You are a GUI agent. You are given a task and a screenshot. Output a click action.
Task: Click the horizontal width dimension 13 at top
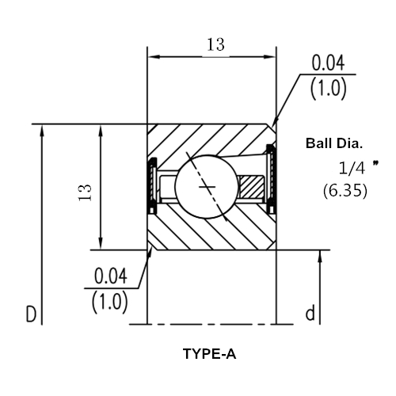coord(215,44)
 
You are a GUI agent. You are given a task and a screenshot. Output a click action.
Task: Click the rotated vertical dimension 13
coord(85,192)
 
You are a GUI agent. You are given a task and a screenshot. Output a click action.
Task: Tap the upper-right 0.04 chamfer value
coord(328,63)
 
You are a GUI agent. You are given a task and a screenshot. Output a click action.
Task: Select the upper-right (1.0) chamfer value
coord(328,88)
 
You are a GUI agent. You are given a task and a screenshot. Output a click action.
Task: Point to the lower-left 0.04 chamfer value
coord(111,276)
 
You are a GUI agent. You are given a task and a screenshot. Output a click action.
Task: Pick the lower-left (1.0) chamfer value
coord(110,302)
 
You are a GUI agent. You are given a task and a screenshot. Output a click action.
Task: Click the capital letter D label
coord(31,314)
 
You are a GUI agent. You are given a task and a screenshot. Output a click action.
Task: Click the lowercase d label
coord(310,313)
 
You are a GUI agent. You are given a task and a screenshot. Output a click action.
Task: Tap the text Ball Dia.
coord(334,143)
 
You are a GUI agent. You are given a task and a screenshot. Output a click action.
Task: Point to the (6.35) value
coord(345,190)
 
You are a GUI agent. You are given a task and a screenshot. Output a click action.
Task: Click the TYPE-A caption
coord(209,354)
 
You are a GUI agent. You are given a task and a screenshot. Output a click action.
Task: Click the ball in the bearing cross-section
coord(207,187)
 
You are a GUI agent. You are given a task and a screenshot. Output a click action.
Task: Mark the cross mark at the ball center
coord(207,187)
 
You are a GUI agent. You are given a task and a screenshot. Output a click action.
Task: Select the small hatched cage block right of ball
coord(252,187)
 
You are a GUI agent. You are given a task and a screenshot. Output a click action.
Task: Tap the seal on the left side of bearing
coord(153,185)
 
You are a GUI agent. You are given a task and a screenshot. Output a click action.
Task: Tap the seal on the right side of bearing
coord(271,179)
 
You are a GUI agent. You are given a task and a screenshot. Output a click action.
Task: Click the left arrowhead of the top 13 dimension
coord(154,57)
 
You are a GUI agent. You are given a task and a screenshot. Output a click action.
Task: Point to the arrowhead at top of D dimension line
coord(42,131)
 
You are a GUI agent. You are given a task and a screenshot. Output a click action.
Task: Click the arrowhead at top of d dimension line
coord(320,257)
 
